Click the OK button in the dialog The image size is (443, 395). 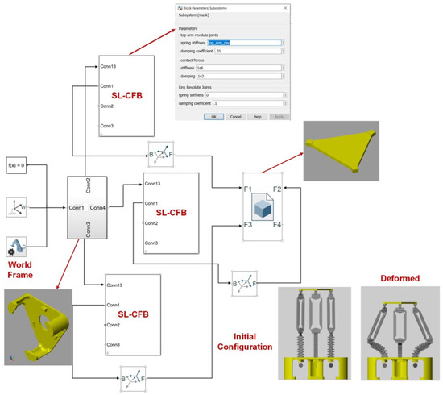(x=213, y=116)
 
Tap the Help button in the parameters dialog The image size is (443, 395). (x=257, y=116)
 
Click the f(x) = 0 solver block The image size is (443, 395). (x=17, y=167)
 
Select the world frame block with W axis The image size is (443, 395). (x=18, y=207)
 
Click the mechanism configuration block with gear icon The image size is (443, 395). (x=18, y=247)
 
